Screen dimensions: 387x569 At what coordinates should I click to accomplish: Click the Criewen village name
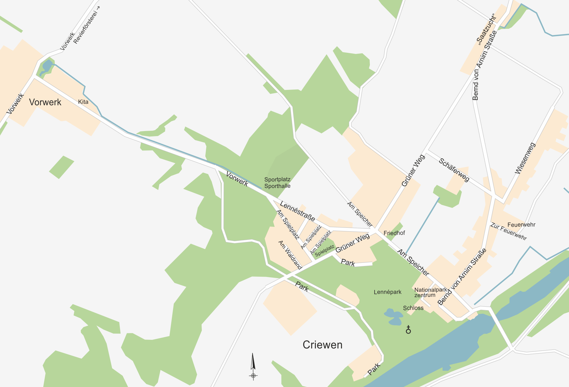322,345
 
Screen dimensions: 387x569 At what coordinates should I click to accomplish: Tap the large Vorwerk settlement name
45,102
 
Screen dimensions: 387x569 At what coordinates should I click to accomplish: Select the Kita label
83,102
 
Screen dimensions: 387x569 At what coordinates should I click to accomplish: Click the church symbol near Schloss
408,329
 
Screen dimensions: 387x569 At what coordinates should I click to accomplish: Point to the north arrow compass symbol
253,366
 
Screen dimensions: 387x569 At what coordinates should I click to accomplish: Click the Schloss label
413,308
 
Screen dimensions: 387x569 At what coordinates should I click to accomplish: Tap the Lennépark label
387,292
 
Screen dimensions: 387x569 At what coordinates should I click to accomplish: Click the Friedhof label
394,233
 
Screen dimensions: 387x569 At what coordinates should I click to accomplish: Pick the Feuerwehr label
521,225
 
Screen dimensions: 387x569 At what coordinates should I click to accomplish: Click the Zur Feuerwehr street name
509,231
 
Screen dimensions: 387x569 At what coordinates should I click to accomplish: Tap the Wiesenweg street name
525,158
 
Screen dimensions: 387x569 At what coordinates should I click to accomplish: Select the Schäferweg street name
454,170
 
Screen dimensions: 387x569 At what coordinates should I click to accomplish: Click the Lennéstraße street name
297,211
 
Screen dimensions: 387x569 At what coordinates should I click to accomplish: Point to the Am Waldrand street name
290,255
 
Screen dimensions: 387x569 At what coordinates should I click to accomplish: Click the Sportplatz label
277,179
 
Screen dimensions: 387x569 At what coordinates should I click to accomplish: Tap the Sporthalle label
277,186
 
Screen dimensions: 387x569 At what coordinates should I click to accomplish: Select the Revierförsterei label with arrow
87,25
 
